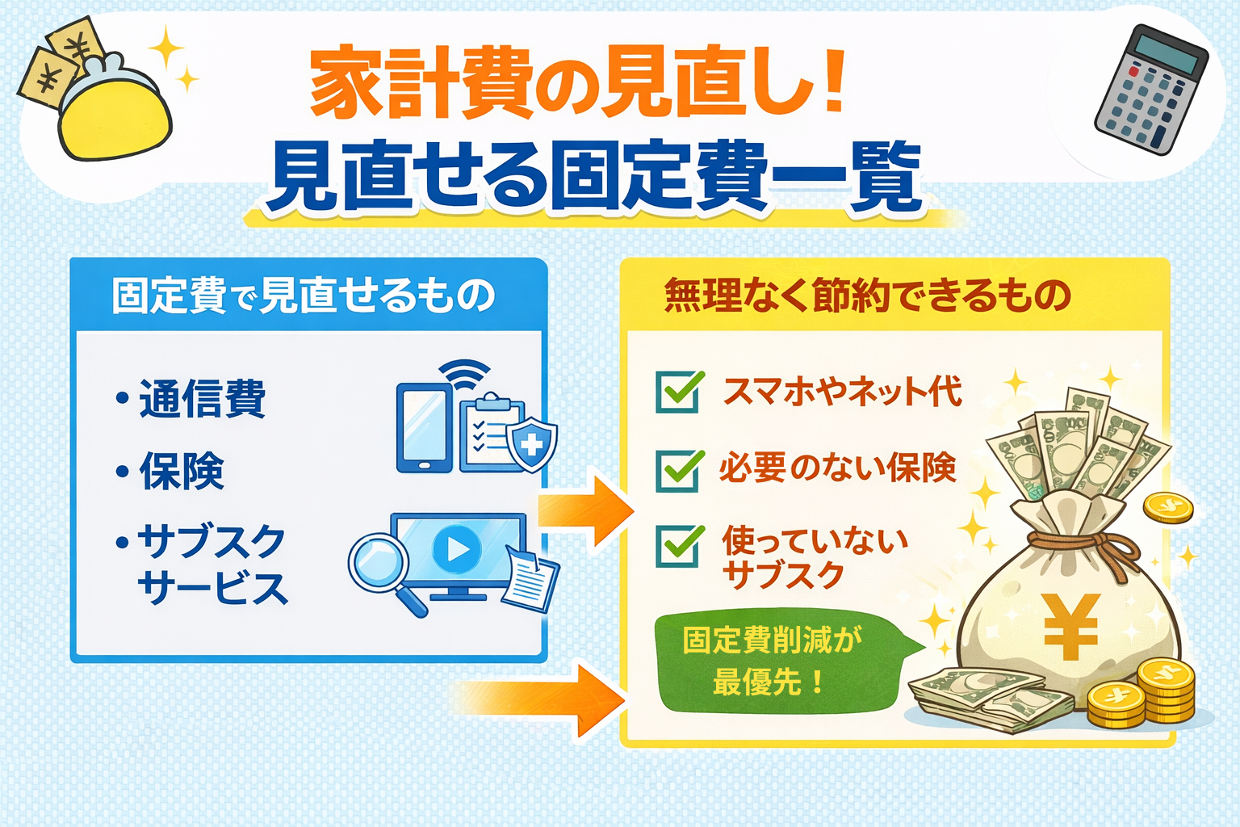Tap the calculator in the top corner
(1151, 89)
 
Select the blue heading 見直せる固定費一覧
(595, 176)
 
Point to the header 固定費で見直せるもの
(304, 296)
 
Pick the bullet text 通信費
(202, 398)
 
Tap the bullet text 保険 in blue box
(182, 470)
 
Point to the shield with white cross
(531, 444)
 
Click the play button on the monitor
(457, 549)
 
